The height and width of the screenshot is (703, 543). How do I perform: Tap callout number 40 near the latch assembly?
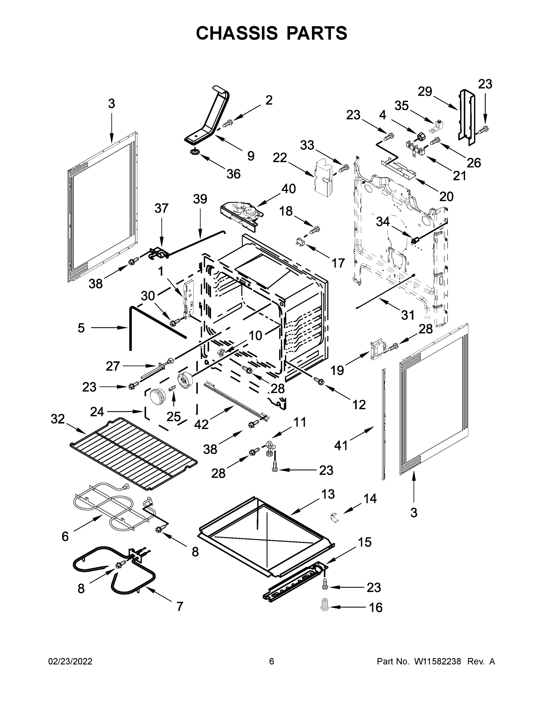click(x=289, y=189)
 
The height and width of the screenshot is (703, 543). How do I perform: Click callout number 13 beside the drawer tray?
click(x=328, y=494)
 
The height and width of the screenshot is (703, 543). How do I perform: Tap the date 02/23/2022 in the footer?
click(x=70, y=661)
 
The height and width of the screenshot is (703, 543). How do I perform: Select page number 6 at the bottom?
click(x=272, y=661)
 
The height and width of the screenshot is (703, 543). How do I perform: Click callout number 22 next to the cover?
click(x=280, y=158)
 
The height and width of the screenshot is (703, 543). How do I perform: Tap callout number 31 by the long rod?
click(x=408, y=315)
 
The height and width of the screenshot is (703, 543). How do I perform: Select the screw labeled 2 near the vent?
click(x=228, y=123)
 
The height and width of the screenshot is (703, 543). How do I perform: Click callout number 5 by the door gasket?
click(x=81, y=328)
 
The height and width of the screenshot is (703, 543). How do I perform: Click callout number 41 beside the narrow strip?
click(x=341, y=446)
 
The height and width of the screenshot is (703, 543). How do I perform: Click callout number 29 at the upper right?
click(x=425, y=91)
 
